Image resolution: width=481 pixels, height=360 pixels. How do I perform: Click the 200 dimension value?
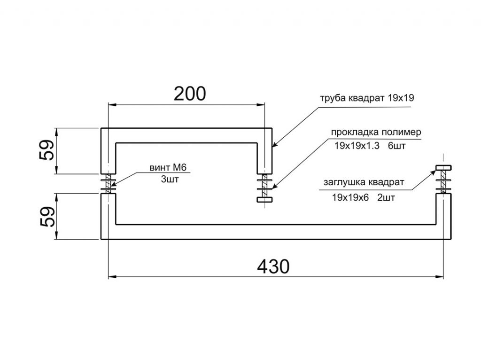point(190,94)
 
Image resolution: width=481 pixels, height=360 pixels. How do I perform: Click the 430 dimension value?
point(273,266)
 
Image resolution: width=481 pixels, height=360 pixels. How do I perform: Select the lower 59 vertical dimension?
point(47,216)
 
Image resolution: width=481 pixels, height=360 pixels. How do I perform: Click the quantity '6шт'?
point(397,146)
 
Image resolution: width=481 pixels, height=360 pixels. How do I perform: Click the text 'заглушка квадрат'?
point(364,182)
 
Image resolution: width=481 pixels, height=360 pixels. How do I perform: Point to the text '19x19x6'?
point(349,197)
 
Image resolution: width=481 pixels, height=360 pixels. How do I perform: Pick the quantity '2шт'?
point(386,197)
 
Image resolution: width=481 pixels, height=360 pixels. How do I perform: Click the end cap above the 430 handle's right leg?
point(443,167)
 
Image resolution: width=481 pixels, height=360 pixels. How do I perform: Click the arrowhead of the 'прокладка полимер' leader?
point(272,188)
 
